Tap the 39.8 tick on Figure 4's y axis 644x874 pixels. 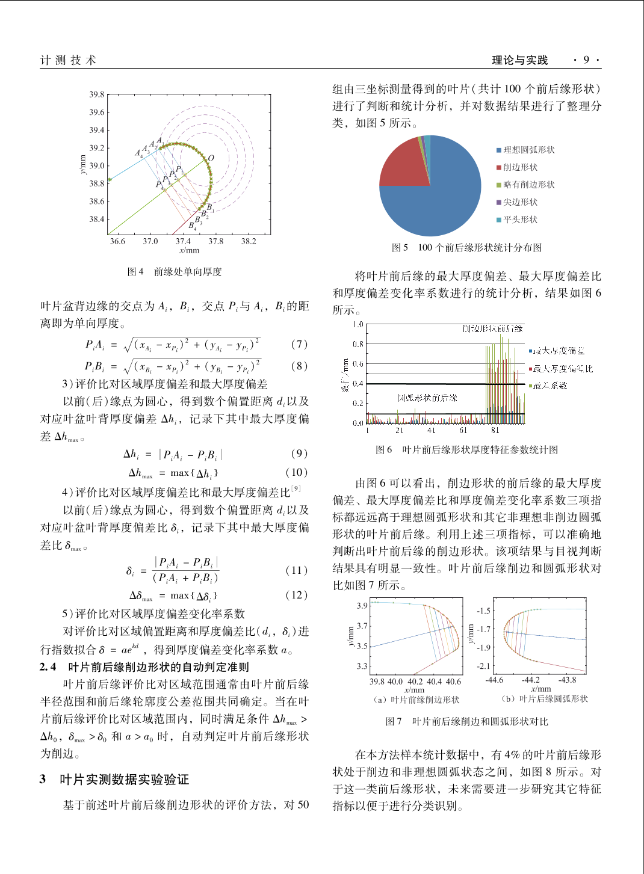96,94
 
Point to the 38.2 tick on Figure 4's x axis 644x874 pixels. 249,241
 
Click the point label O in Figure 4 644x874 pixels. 211,158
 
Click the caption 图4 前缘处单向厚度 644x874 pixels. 175,272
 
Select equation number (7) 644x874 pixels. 299,344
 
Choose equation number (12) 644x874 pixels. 297,595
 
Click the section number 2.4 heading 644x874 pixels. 48,666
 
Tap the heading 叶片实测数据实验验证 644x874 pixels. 125,780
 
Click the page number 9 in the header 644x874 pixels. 586,60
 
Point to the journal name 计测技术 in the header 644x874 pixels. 68,60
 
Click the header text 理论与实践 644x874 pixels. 520,60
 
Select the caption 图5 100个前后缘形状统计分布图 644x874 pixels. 467,248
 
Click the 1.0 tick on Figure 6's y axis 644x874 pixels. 358,325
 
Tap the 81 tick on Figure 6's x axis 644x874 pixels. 495,431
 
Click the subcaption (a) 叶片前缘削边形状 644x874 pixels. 416,700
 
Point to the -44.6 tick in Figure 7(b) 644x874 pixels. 494,680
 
